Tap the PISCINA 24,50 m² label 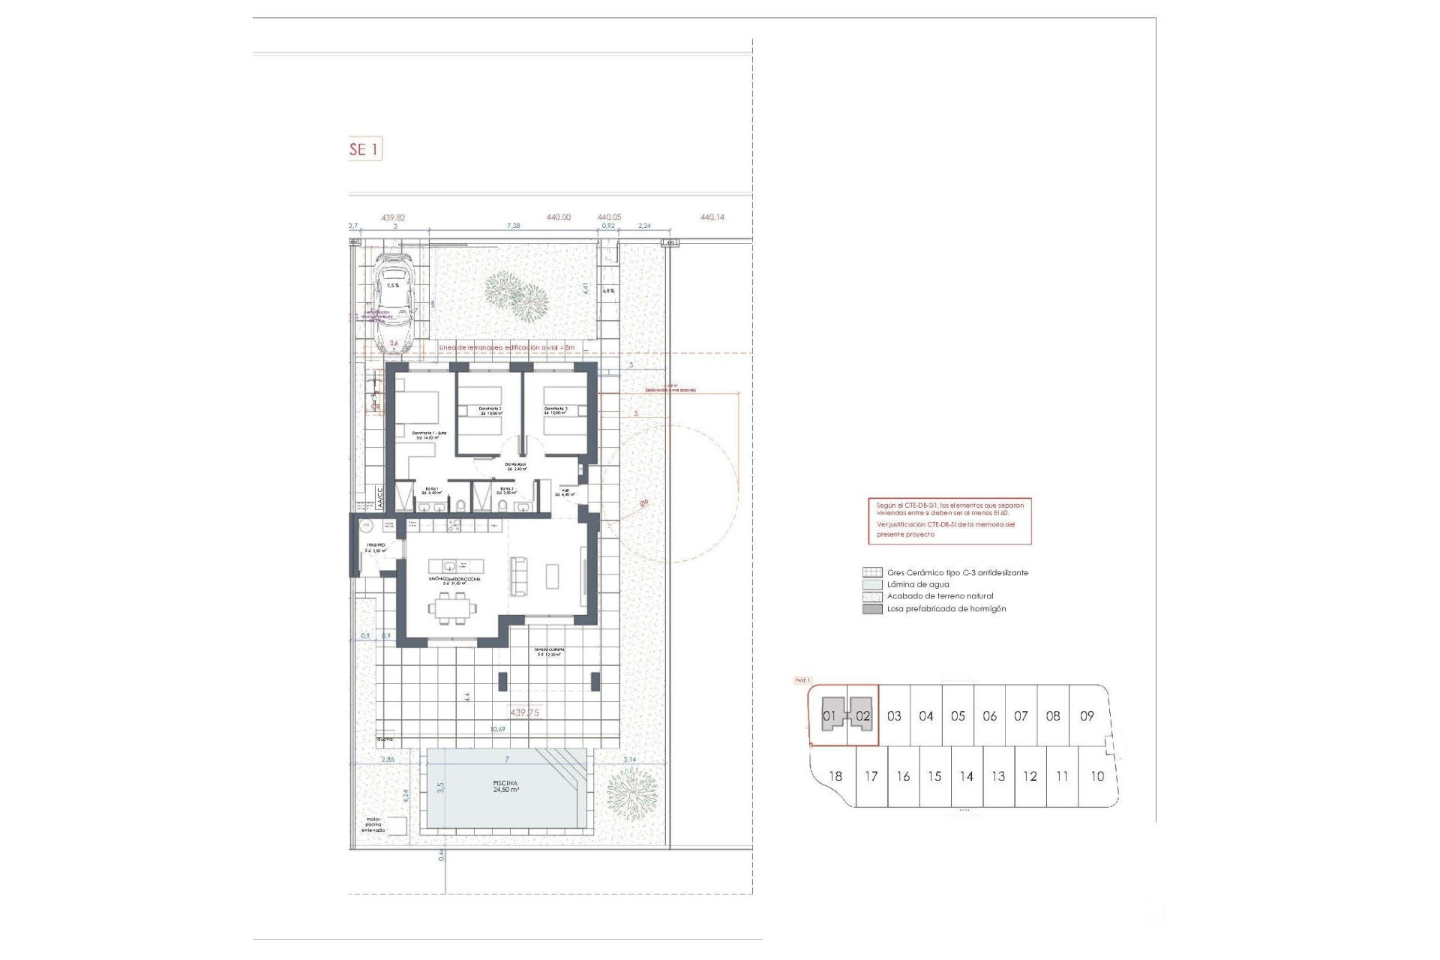(x=505, y=786)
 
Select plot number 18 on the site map (x=835, y=776)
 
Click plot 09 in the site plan (x=1087, y=716)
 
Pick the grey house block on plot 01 (x=829, y=715)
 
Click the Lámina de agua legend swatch (x=872, y=584)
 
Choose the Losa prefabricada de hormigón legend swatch (x=872, y=609)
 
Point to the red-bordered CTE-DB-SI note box (x=949, y=520)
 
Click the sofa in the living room (x=518, y=576)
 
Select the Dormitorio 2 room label (x=490, y=411)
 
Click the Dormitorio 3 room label (x=556, y=411)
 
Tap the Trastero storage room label (x=376, y=547)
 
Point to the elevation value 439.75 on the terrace (x=524, y=712)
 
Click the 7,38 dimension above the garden (x=513, y=225)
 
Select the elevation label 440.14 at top (x=712, y=217)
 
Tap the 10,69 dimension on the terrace (x=497, y=729)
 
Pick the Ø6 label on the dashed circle (x=643, y=503)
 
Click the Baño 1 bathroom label (x=433, y=490)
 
